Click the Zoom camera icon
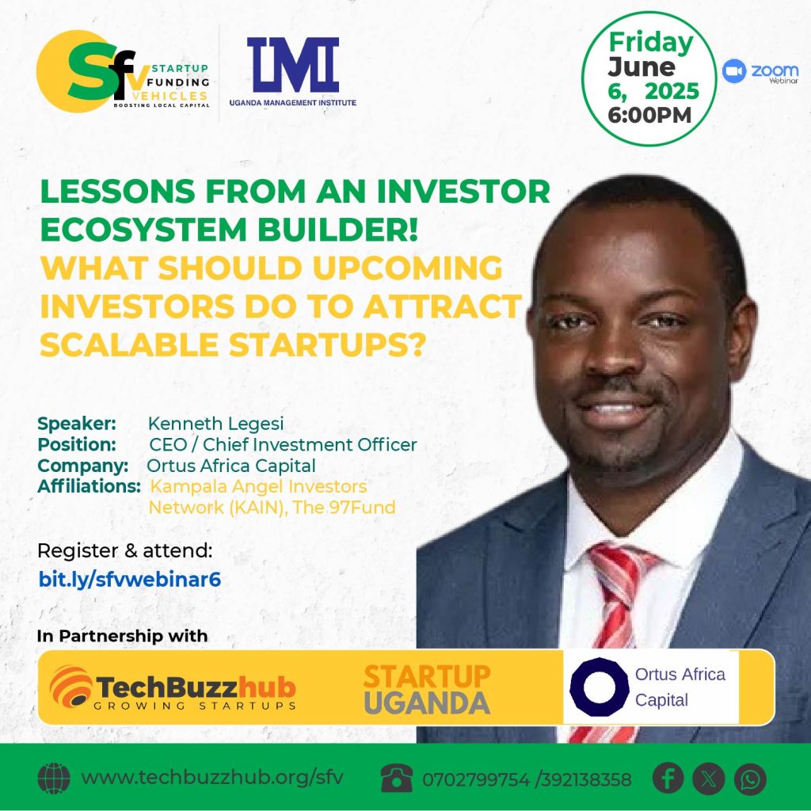point(734,70)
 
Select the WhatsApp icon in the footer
point(751,779)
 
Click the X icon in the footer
point(709,779)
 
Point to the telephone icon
point(397,779)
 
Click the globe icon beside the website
point(54,779)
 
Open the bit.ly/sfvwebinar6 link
point(130,580)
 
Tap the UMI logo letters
point(293,65)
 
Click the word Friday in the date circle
point(651,43)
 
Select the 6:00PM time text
point(649,115)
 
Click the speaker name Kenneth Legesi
point(215,424)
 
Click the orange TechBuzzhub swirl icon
point(70,687)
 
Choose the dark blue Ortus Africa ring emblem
point(599,687)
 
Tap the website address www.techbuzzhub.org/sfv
point(212,778)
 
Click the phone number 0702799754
point(476,779)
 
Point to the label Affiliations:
point(89,486)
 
